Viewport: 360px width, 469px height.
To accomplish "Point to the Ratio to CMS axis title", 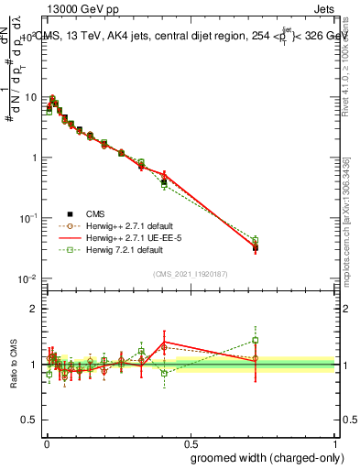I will (12, 365).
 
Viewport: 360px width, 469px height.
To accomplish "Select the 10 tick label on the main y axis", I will (31, 97).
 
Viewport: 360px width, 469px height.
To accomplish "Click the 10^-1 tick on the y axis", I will (29, 218).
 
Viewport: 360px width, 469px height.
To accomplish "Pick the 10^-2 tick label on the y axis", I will (29, 278).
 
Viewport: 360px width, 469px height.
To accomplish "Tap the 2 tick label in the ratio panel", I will (36, 309).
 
